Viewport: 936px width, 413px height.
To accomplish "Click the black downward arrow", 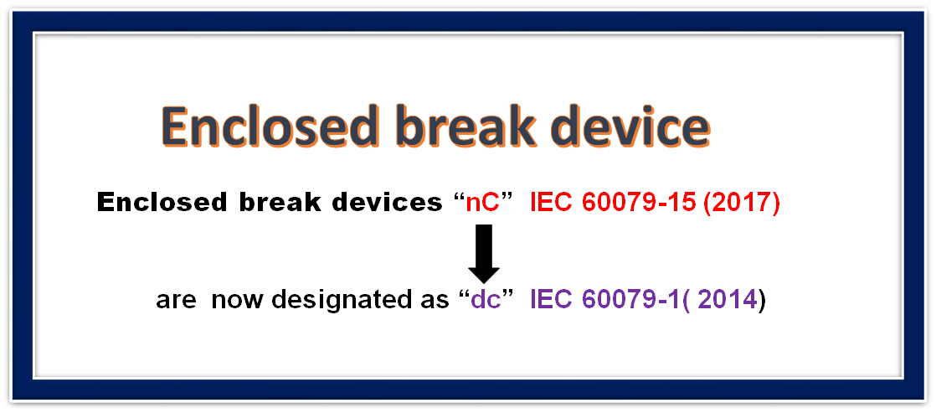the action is pos(484,254).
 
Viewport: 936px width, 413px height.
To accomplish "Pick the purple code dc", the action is pos(485,300).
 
